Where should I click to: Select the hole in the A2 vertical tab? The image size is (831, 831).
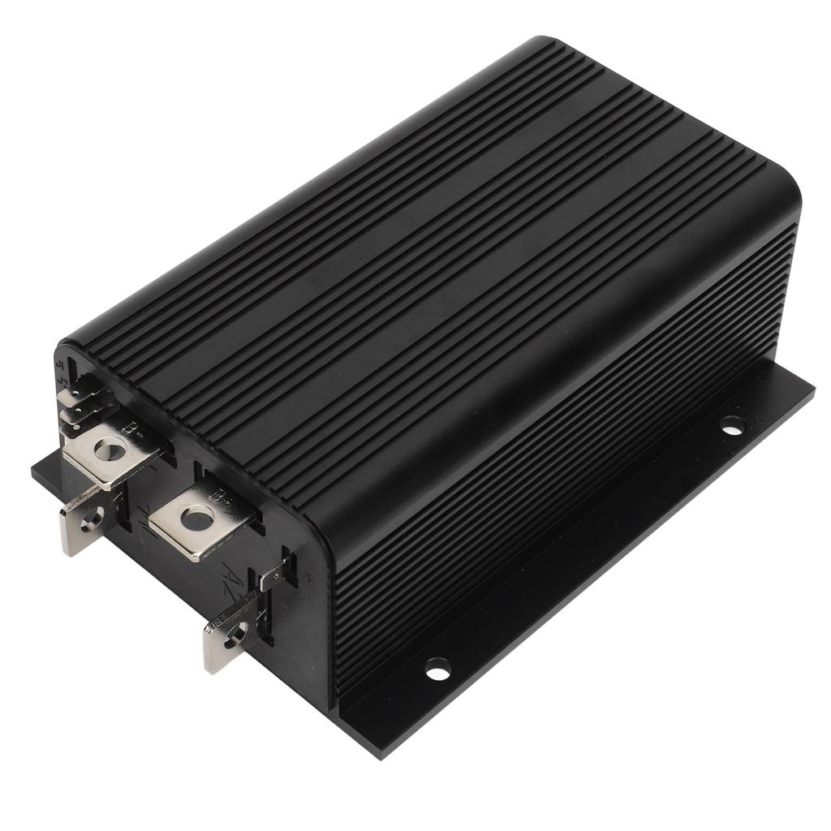[236, 631]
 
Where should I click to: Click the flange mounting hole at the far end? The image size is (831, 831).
[732, 424]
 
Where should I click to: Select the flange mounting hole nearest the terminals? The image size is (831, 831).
[437, 669]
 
